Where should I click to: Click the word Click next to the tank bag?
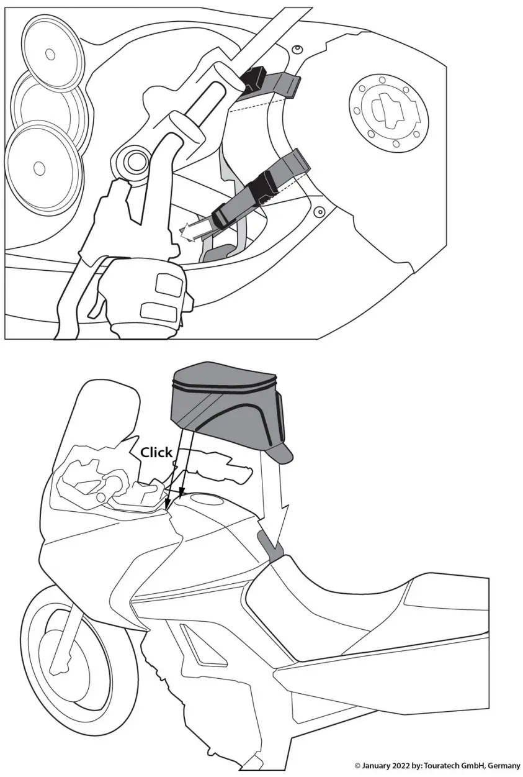[156, 452]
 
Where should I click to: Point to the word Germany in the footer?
[503, 766]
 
